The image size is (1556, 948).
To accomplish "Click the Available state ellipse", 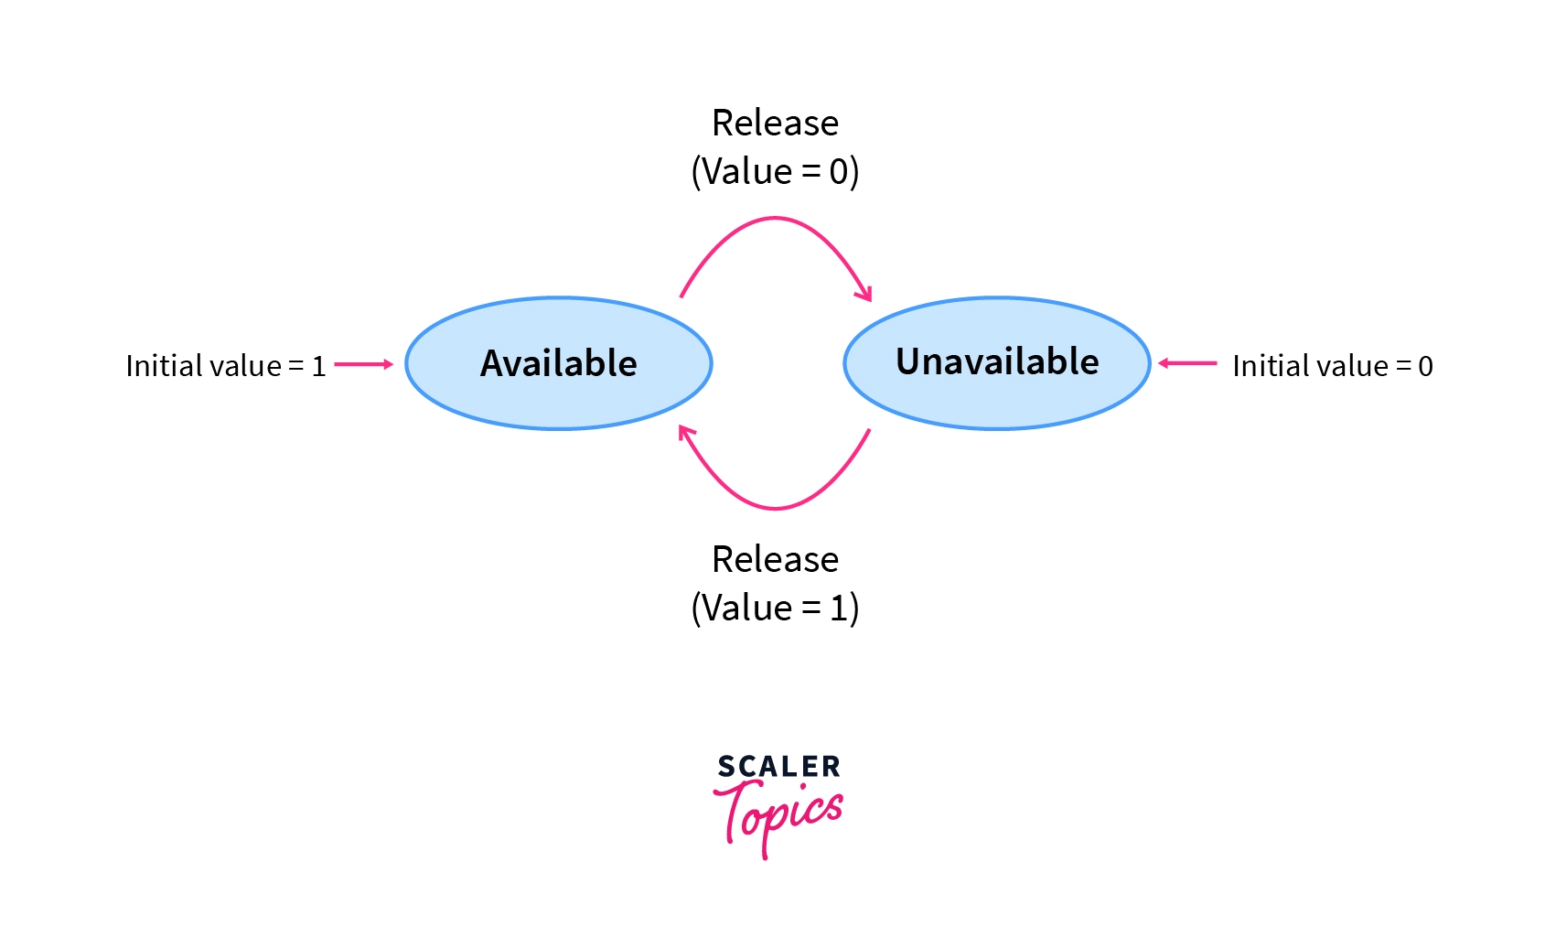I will click(x=558, y=363).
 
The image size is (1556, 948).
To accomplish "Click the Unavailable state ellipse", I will click(x=996, y=362).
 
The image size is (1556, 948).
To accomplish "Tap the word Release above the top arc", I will click(x=775, y=123).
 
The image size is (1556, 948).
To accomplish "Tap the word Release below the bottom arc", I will click(x=775, y=559).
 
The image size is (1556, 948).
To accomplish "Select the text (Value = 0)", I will click(x=775, y=171).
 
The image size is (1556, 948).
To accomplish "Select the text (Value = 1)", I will click(x=775, y=608).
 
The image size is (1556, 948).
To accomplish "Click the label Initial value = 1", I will click(x=225, y=366).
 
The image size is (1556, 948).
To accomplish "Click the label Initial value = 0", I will click(x=1332, y=366).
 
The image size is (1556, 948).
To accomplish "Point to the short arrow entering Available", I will click(x=364, y=364).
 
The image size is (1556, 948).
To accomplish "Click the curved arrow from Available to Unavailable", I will click(x=775, y=218).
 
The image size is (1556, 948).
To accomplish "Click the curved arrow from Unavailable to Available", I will click(x=775, y=508).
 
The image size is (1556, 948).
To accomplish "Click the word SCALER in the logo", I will click(x=778, y=767).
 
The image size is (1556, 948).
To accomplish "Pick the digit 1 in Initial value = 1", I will click(x=318, y=366).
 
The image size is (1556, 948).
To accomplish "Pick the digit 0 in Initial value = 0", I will click(x=1425, y=366).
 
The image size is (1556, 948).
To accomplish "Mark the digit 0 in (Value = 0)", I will click(x=839, y=171).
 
